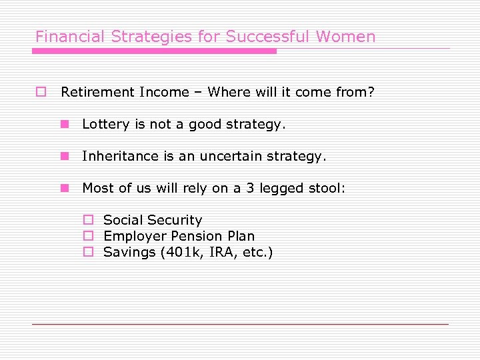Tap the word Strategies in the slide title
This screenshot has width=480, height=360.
pos(145,37)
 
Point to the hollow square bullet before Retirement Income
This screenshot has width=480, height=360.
pos(41,92)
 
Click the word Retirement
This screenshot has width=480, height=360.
pos(97,92)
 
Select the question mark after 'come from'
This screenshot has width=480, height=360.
pos(371,92)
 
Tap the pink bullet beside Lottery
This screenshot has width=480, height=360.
pos(65,124)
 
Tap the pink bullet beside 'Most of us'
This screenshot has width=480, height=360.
pos(65,188)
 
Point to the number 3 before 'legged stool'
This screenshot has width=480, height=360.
pos(250,188)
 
